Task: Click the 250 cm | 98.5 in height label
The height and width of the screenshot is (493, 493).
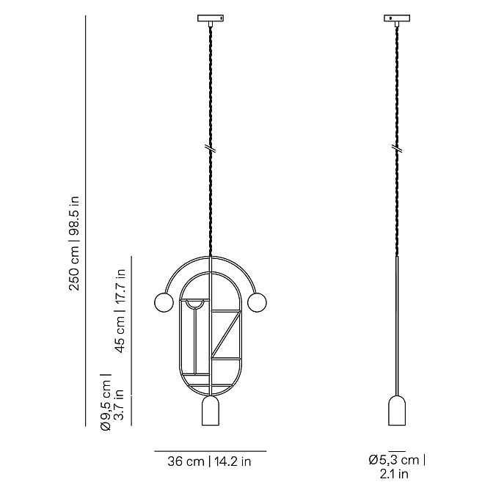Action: (x=74, y=244)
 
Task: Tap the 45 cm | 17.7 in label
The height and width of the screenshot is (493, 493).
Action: (x=120, y=311)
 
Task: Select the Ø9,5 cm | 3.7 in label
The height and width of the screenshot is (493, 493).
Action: (x=112, y=402)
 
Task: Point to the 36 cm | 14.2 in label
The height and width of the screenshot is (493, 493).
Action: (x=209, y=461)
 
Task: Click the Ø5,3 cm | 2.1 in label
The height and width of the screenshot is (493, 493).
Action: (x=397, y=466)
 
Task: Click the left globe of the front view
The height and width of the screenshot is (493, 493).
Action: (x=164, y=302)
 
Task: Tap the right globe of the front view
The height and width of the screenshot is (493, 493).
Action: (x=257, y=302)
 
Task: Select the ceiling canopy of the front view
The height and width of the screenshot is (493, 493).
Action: (x=211, y=18)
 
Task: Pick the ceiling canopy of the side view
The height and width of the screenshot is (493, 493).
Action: (x=397, y=18)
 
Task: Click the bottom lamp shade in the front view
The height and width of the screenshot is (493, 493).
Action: (x=211, y=411)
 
